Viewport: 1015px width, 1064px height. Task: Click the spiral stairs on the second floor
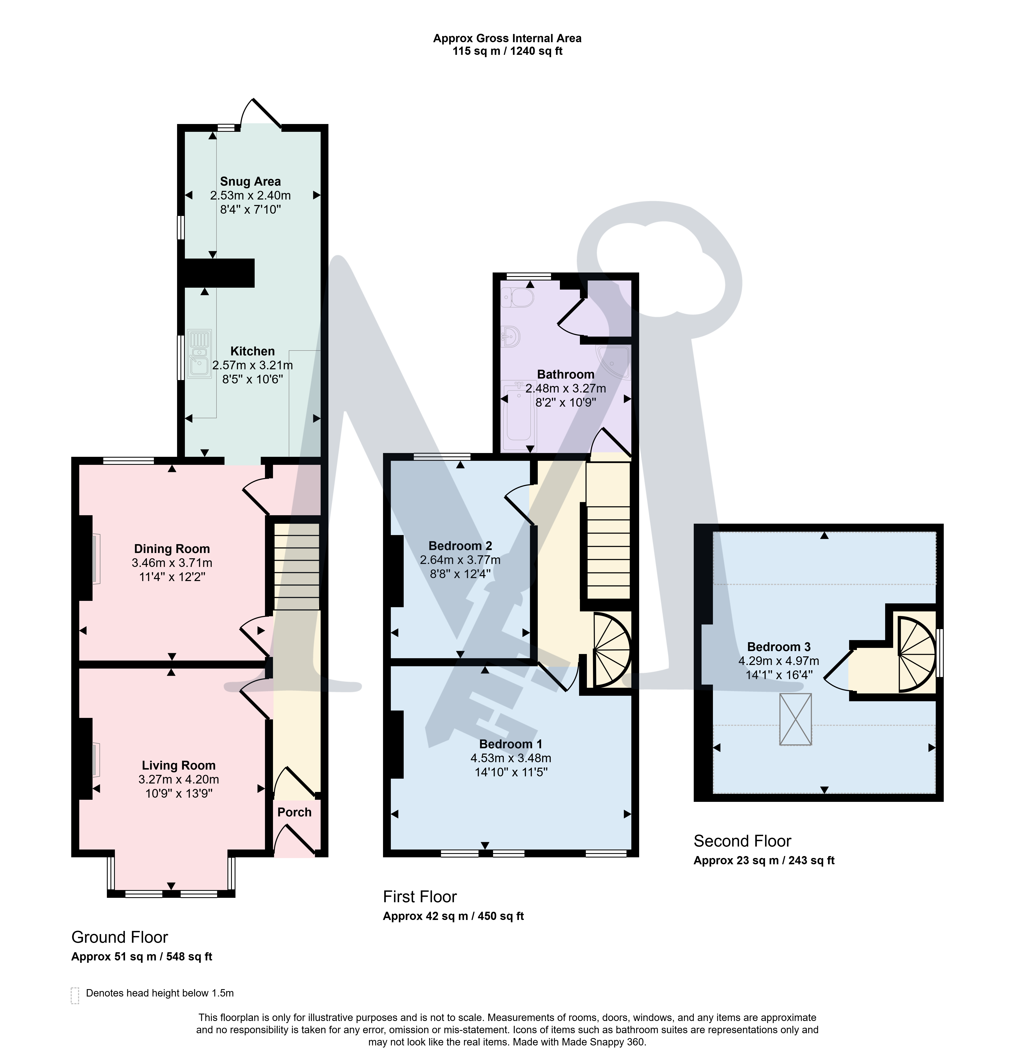(917, 654)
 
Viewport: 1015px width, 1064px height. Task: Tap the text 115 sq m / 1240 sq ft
(508, 51)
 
